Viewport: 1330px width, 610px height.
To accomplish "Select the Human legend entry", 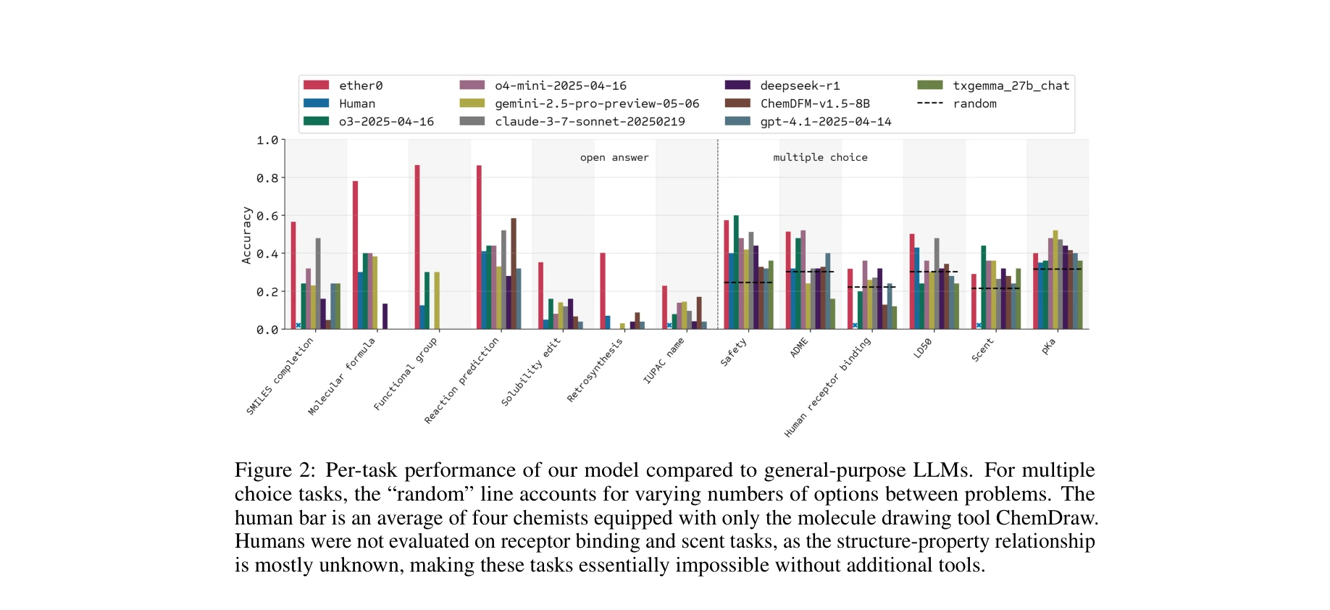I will point(356,104).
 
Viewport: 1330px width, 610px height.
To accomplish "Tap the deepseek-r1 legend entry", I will point(799,85).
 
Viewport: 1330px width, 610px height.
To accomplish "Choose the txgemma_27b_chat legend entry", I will point(1010,85).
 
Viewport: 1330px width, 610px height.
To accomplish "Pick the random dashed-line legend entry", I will point(974,104).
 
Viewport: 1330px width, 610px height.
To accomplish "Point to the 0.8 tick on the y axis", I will point(267,178).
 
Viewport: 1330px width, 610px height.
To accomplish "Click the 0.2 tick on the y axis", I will point(267,292).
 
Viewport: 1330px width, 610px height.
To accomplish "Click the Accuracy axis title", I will point(246,235).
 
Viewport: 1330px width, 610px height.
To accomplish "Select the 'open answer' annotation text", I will point(614,157).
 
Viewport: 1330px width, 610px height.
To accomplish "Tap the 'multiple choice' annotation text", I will point(820,157).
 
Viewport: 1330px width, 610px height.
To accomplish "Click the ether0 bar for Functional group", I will point(417,247).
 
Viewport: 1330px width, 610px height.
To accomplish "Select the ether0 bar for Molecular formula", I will point(355,255).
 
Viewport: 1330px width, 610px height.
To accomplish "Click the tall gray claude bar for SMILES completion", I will point(318,283).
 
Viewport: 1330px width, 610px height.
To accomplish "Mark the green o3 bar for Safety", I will point(736,272).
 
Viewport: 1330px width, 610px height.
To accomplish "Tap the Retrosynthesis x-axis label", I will point(595,370).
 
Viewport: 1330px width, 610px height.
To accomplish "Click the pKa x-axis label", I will point(1048,346).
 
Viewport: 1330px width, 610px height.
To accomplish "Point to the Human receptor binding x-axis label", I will point(827,387).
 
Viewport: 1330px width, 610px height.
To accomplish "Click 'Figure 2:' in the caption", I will point(275,470).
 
